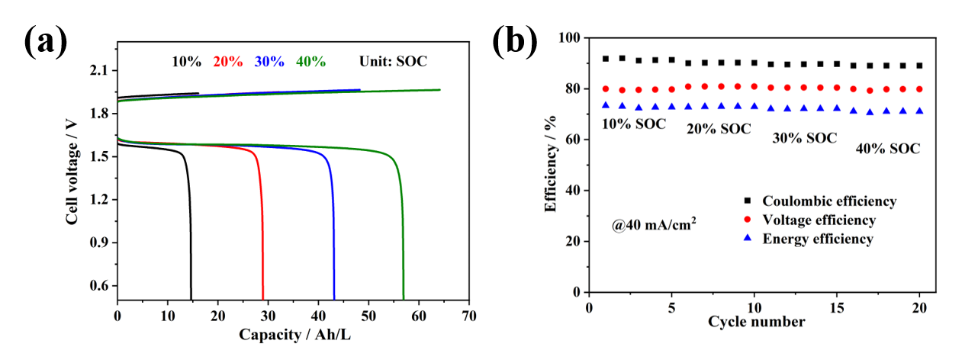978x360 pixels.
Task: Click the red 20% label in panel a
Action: pos(228,62)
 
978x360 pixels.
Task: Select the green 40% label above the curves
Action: pos(311,62)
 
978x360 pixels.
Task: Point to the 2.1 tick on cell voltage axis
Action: pos(98,71)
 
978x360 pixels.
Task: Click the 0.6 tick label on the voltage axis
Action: pos(98,286)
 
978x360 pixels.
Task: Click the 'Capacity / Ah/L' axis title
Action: pos(294,334)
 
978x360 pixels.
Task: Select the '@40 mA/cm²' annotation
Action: pos(653,226)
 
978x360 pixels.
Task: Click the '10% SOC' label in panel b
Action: pos(633,124)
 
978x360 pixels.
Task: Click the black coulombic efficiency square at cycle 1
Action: pos(606,59)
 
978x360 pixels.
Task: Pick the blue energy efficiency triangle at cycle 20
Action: pos(919,111)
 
